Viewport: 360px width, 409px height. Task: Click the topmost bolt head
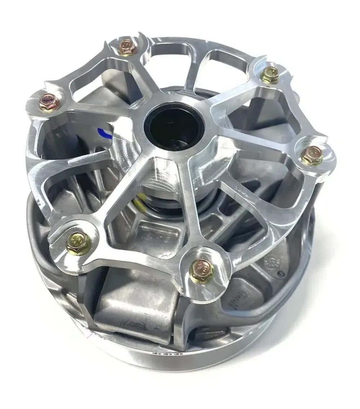[x=127, y=48]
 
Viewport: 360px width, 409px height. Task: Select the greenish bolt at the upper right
[x=269, y=75]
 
